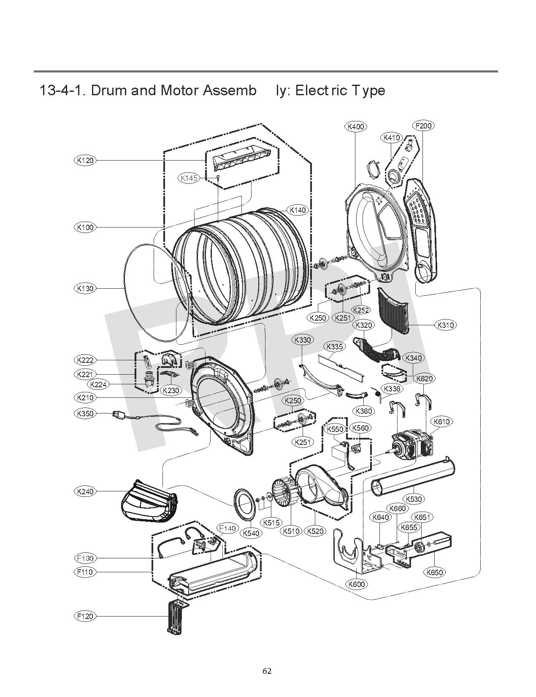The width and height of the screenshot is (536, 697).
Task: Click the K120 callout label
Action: click(85, 160)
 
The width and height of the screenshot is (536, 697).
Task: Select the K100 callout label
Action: click(85, 227)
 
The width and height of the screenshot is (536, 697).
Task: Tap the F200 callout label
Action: click(423, 126)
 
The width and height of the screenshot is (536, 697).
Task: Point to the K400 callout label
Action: click(356, 126)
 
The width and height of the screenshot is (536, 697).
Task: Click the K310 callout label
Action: click(446, 325)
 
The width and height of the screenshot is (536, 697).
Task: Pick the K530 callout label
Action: click(414, 499)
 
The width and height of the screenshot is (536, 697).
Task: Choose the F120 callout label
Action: click(85, 616)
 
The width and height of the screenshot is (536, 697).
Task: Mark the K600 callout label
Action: click(357, 584)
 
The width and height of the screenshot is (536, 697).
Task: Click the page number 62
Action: click(267, 671)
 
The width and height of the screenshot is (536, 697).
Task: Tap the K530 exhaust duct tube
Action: click(413, 476)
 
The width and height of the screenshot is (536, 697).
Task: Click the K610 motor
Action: click(411, 447)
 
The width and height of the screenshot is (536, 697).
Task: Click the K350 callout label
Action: click(85, 413)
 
